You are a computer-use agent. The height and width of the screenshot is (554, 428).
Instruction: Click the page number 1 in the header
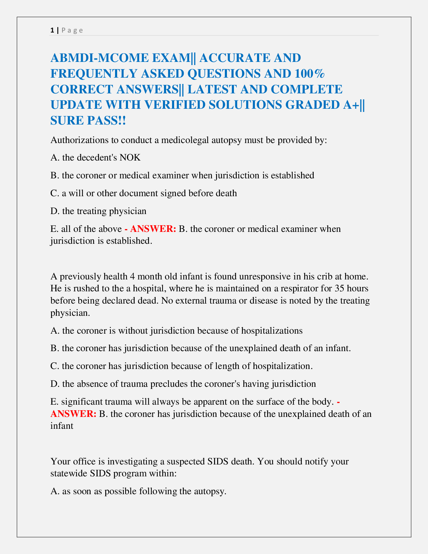click(52, 30)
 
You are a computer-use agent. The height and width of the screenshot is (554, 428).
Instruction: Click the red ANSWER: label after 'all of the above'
click(153, 229)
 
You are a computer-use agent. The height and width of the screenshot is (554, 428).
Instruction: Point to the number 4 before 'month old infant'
click(132, 276)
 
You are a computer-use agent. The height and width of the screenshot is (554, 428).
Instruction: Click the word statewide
click(69, 474)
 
